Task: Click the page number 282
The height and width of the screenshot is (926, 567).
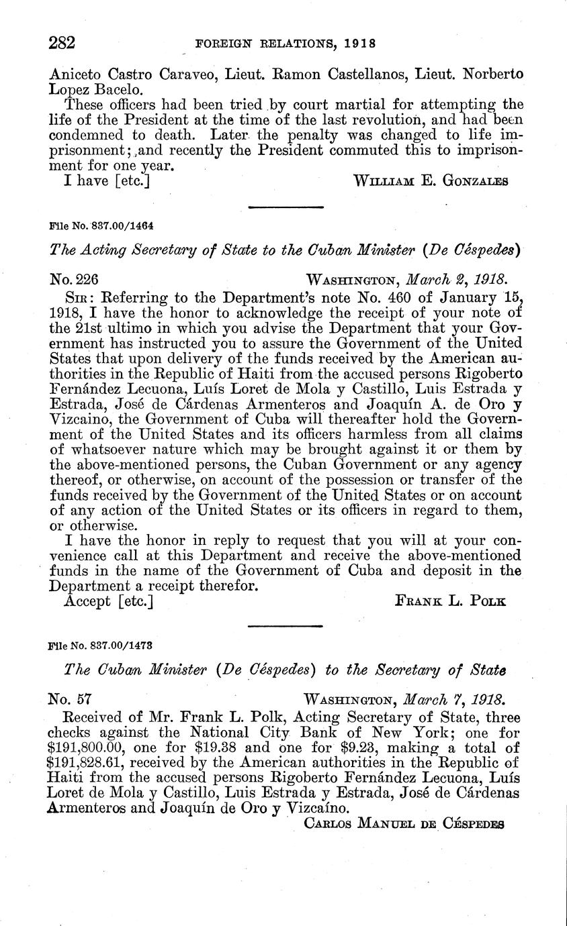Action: click(62, 43)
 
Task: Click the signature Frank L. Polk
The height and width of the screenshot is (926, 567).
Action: click(449, 601)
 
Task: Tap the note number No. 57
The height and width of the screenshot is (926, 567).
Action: click(71, 698)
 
